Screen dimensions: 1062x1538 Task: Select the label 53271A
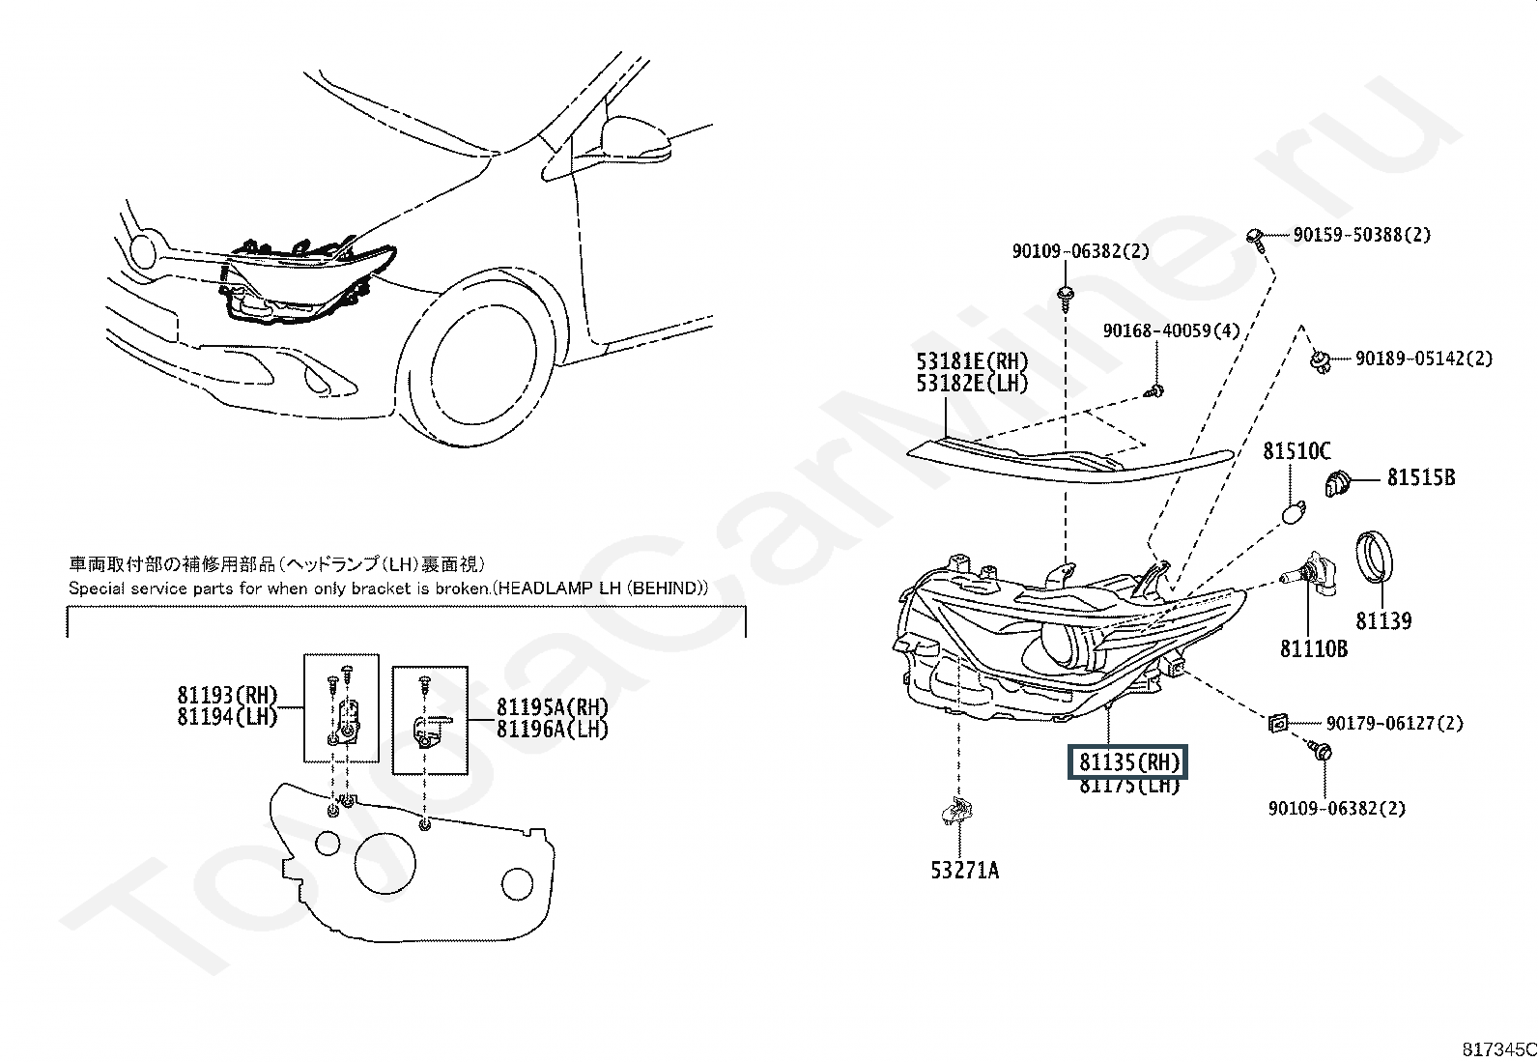(964, 871)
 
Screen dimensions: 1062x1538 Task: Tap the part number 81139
(1382, 621)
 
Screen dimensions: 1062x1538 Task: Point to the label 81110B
(1313, 649)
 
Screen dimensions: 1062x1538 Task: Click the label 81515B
(1420, 477)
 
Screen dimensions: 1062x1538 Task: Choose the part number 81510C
(1296, 451)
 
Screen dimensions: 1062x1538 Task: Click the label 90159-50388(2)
(1361, 234)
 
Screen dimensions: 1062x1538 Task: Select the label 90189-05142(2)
(1422, 359)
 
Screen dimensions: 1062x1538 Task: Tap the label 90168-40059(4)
(1171, 330)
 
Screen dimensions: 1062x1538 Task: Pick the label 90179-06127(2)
(1393, 723)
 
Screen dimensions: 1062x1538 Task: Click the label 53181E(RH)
(972, 361)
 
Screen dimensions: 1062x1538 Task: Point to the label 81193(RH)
(227, 695)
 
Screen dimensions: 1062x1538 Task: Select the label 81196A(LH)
(552, 730)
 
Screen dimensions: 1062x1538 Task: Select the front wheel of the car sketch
(484, 359)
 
